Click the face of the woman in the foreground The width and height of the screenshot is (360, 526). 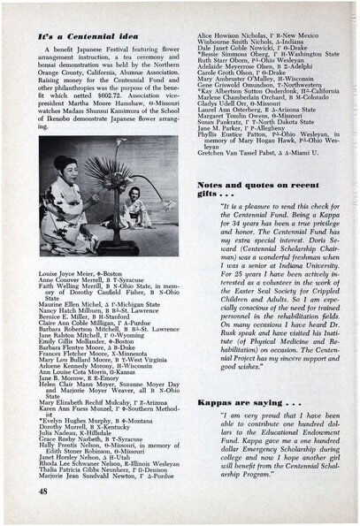pos(71,169)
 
